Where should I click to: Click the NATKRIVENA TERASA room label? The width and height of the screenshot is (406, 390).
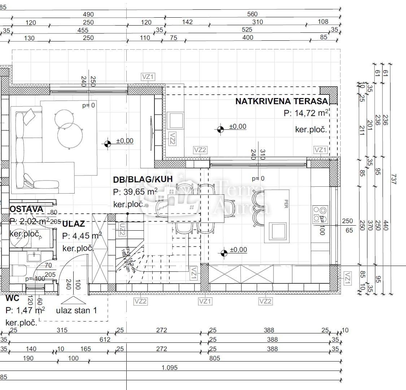(281, 101)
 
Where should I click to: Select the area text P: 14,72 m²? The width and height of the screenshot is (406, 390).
(306, 113)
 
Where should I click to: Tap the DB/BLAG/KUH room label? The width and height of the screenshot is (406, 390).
(143, 179)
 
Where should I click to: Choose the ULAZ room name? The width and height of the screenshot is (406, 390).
(74, 224)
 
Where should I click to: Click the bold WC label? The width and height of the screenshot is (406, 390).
(12, 298)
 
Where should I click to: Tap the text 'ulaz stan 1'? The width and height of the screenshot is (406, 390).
(77, 310)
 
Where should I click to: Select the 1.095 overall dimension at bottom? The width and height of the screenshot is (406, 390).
(170, 368)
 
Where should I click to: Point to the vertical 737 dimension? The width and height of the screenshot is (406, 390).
(393, 179)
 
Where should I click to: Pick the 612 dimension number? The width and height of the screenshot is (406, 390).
(105, 339)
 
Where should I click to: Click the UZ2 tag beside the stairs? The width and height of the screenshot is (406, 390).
(122, 229)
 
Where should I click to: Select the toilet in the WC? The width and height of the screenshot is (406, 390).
(18, 270)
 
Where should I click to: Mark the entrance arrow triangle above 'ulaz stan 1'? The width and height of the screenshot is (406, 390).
(74, 300)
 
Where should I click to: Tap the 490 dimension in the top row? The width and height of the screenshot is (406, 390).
(88, 14)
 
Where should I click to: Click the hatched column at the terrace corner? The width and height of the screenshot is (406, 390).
(328, 95)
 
